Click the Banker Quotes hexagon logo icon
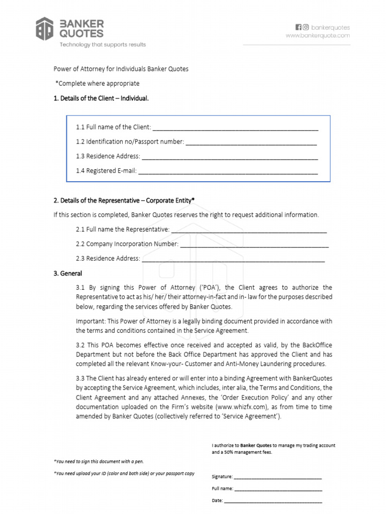tap(44, 29)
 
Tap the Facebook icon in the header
tap(298, 27)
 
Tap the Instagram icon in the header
tap(306, 27)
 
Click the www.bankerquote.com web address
tap(318, 36)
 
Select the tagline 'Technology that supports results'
tap(103, 45)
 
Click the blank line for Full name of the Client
tap(235, 127)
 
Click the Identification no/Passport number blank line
tap(251, 142)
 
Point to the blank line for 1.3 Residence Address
tap(230, 157)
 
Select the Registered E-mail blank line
tap(228, 171)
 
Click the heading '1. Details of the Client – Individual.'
tap(101, 98)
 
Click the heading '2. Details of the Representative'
tap(124, 200)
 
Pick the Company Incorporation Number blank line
tap(254, 244)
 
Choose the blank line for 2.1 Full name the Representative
tap(249, 230)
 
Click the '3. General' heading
tap(68, 274)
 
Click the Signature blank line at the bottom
tap(278, 477)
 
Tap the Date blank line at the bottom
tap(273, 501)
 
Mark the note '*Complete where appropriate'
tap(98, 83)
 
